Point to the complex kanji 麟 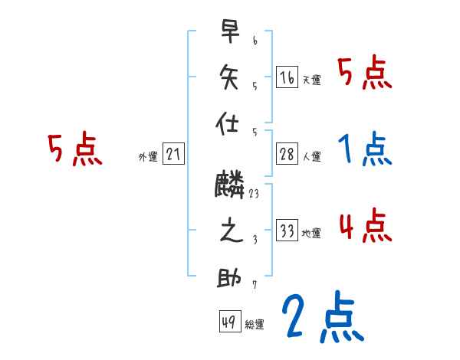click(230, 185)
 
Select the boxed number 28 click(287, 153)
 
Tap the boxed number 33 click(287, 231)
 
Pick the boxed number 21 click(173, 154)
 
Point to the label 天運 click(311, 79)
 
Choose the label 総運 click(255, 325)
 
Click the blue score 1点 click(365, 149)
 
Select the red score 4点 click(365, 225)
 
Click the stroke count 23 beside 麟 click(254, 195)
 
